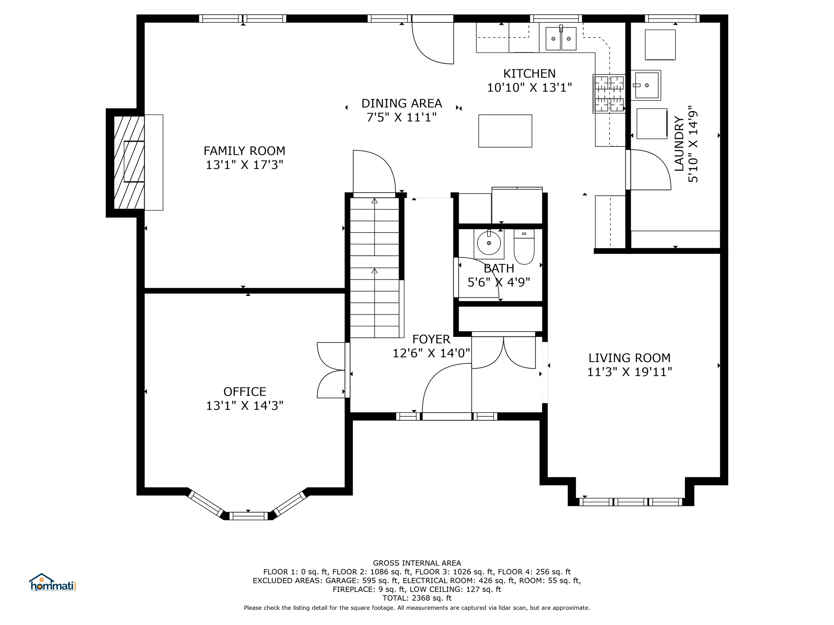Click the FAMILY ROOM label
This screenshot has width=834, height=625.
pyautogui.click(x=244, y=151)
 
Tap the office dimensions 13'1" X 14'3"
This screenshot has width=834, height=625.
pyautogui.click(x=244, y=406)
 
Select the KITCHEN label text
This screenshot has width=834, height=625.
pyautogui.click(x=529, y=74)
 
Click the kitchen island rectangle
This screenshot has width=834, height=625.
pyautogui.click(x=505, y=131)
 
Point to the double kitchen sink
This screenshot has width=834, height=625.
pyautogui.click(x=561, y=38)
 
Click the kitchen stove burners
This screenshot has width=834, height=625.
pyautogui.click(x=609, y=94)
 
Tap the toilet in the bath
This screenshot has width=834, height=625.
pyautogui.click(x=524, y=247)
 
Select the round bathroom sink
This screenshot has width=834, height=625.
pyautogui.click(x=489, y=243)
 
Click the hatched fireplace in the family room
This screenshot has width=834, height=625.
pyautogui.click(x=129, y=162)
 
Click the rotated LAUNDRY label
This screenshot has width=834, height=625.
pyautogui.click(x=679, y=144)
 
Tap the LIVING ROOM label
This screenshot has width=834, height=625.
pyautogui.click(x=629, y=358)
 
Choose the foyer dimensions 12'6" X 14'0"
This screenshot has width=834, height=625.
pyautogui.click(x=431, y=353)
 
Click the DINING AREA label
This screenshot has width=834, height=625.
pyautogui.click(x=402, y=103)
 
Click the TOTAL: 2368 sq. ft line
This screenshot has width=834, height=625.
pyautogui.click(x=417, y=598)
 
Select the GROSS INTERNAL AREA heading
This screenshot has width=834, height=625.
pyautogui.click(x=417, y=563)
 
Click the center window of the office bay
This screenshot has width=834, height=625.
pyautogui.click(x=248, y=516)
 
